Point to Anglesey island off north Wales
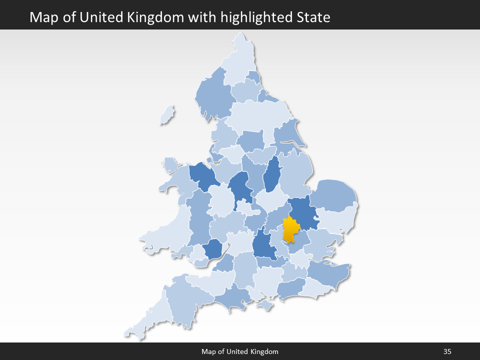[170, 164]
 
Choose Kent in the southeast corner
[327, 274]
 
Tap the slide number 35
[447, 351]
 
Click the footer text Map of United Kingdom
[240, 351]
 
